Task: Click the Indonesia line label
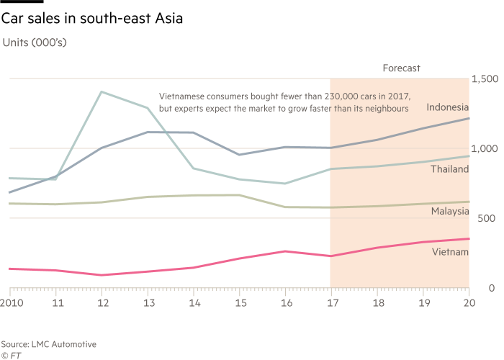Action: (x=447, y=107)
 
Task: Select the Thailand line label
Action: (x=450, y=169)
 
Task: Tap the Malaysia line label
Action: (x=450, y=212)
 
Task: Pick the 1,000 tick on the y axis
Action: (x=483, y=149)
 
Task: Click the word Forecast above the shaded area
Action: (x=401, y=68)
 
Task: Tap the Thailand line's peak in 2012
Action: (x=102, y=91)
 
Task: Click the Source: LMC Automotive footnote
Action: (x=48, y=345)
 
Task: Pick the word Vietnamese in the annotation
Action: (x=182, y=95)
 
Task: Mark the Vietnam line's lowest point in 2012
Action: (x=102, y=275)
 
